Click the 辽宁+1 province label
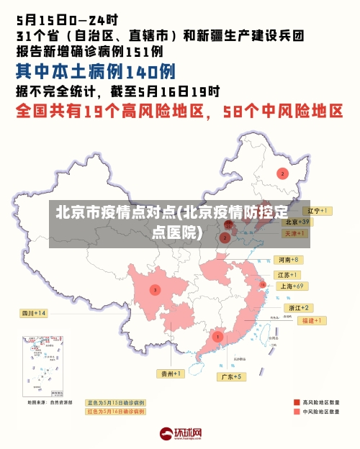pyautogui.click(x=317, y=211)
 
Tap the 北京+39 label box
pyautogui.click(x=296, y=222)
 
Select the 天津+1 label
pyautogui.click(x=294, y=234)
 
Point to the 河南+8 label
pyautogui.click(x=287, y=259)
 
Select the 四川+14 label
pyautogui.click(x=33, y=314)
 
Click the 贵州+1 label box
pyautogui.click(x=171, y=373)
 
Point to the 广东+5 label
pyautogui.click(x=233, y=376)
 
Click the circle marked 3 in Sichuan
pyautogui.click(x=155, y=290)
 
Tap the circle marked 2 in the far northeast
pyautogui.click(x=283, y=173)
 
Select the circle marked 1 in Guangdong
pyautogui.click(x=217, y=336)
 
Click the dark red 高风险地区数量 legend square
pyautogui.click(x=297, y=402)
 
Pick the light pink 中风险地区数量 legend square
pyautogui.click(x=297, y=412)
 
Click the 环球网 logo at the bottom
pyautogui.click(x=180, y=434)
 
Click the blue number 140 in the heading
pyautogui.click(x=141, y=71)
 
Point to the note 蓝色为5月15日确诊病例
pyautogui.click(x=115, y=402)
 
